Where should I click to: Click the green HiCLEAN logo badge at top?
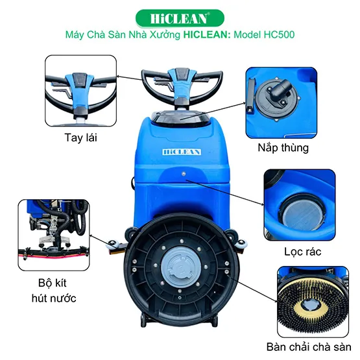coord(180,18)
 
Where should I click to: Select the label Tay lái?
coord(81,138)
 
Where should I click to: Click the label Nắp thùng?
coord(283,148)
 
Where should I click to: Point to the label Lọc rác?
coord(303,252)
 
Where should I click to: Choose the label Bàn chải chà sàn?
coord(309,347)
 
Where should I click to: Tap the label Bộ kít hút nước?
coord(54,291)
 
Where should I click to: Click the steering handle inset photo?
coord(81,91)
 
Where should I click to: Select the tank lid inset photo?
coord(282,102)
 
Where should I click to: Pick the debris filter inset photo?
coord(300,205)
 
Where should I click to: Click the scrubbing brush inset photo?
coord(313,302)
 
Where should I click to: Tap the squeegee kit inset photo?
coord(54,235)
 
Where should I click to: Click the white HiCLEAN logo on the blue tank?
coord(182,152)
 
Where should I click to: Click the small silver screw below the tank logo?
coord(184,174)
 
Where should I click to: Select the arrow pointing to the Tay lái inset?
coord(130,78)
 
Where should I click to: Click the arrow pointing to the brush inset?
coord(253,289)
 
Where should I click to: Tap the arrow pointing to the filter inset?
coord(225,193)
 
